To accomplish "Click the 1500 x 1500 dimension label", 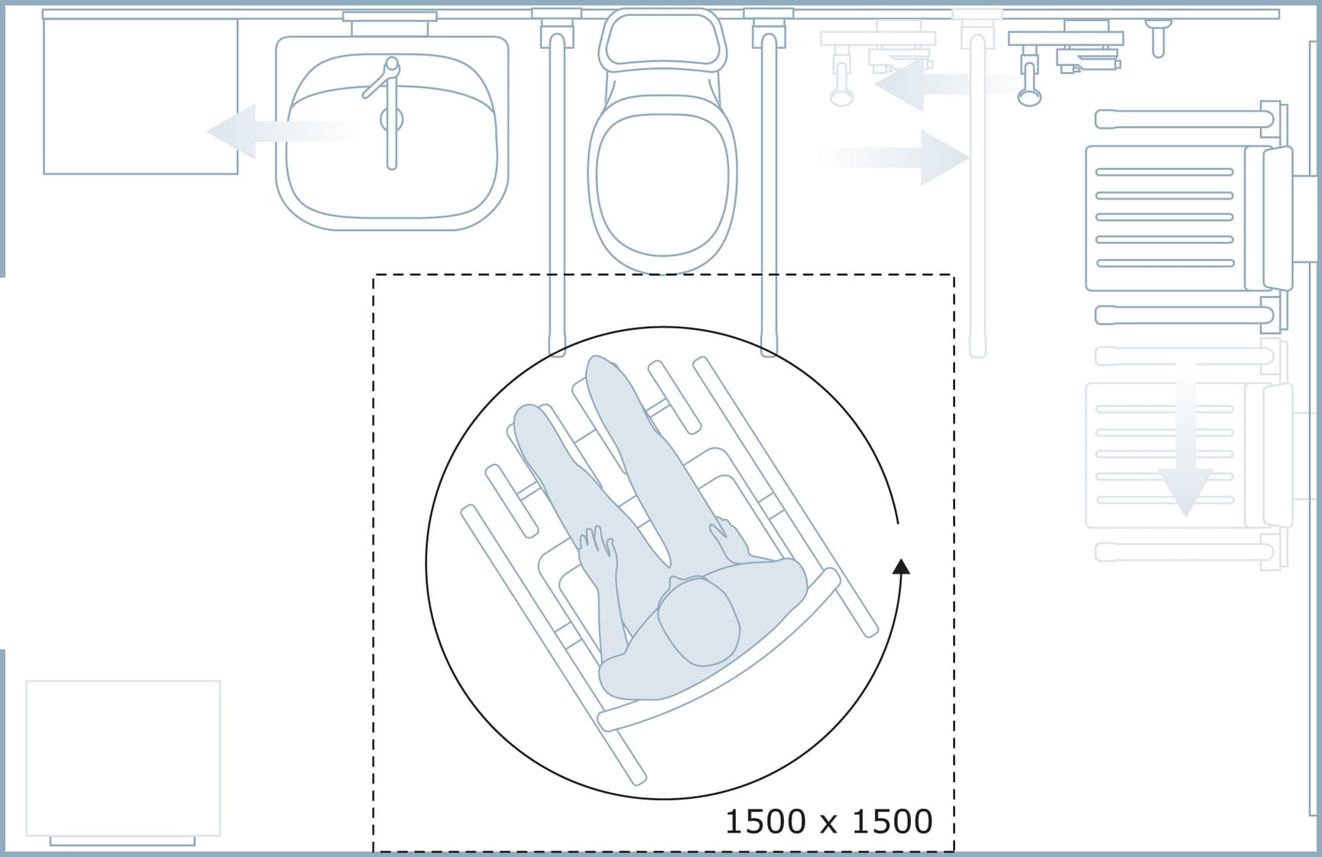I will [x=828, y=822].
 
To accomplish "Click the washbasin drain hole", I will [x=391, y=119].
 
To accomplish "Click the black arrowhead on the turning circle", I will [x=902, y=566].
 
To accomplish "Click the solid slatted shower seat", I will [x=1165, y=218].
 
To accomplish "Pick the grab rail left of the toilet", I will [x=556, y=191].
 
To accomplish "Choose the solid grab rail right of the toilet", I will [x=769, y=191].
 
